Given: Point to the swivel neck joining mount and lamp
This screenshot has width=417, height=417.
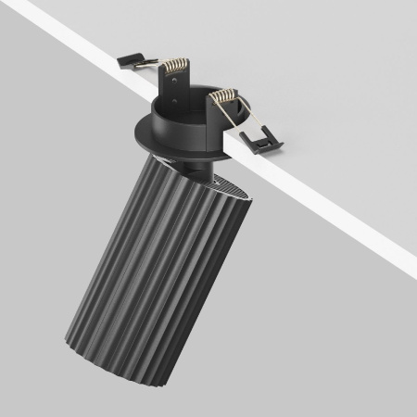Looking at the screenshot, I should pyautogui.click(x=198, y=168).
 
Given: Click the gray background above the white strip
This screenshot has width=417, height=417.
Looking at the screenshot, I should pyautogui.click(x=306, y=56).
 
